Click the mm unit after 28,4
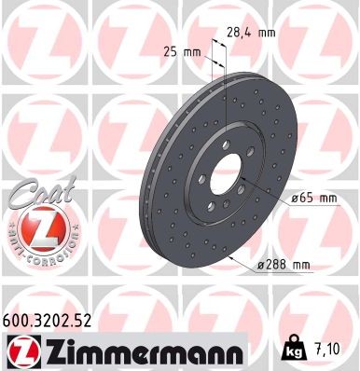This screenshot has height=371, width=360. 267,32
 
